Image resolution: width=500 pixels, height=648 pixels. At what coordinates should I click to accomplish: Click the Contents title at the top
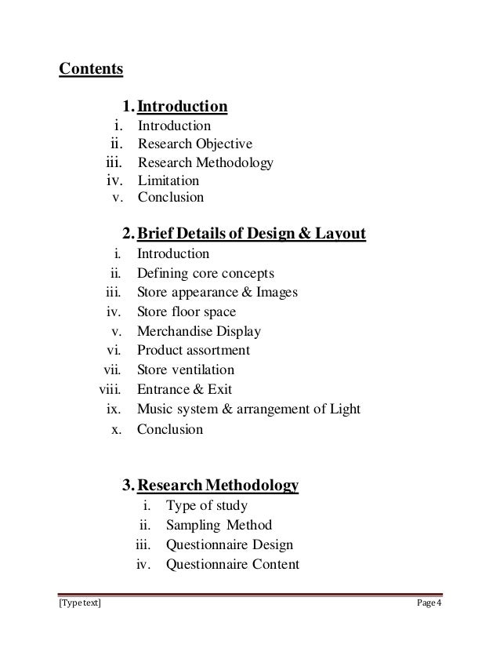coord(92,69)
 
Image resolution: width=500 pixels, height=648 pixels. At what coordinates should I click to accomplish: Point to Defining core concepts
coord(205,273)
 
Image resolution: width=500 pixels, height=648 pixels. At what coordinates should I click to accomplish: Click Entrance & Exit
coord(184,389)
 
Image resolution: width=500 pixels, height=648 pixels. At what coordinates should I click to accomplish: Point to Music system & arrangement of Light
coord(248,409)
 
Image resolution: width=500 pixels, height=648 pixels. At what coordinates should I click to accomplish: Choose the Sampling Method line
coord(219,525)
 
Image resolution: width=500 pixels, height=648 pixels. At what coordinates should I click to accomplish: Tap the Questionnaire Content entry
coord(232,563)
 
